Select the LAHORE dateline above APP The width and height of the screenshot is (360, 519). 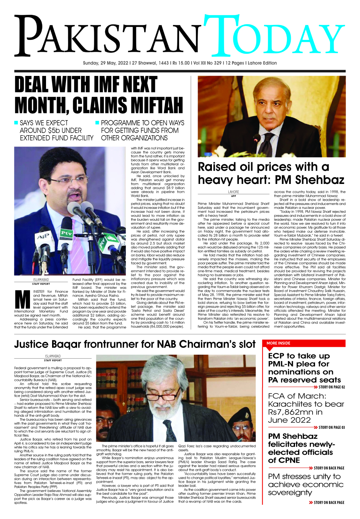click(x=233, y=192)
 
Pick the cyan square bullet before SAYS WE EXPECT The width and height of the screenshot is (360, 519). click(x=16, y=123)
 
